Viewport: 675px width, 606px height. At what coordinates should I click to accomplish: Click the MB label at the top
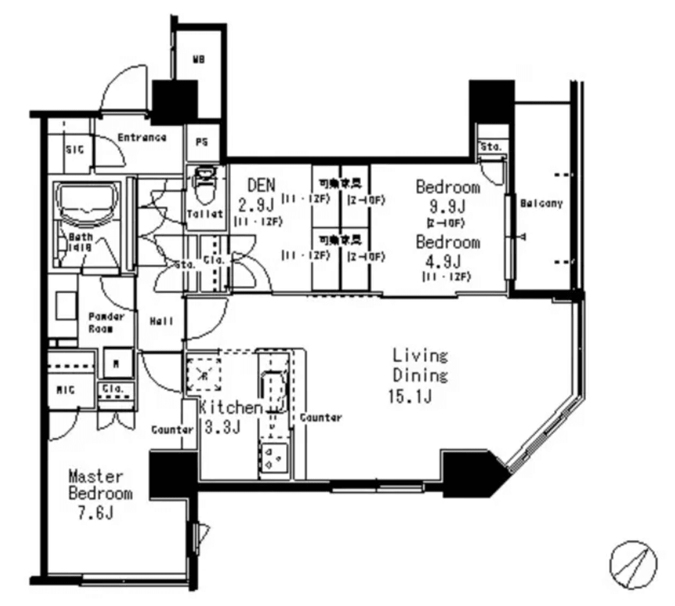[198, 60]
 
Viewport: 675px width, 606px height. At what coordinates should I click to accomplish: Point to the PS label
[202, 143]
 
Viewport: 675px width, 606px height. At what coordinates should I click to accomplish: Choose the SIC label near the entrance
[75, 150]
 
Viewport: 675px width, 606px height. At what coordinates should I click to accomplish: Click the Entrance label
[142, 138]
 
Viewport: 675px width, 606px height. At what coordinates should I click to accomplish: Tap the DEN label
[261, 185]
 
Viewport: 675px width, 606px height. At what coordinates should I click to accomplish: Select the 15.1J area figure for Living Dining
[410, 396]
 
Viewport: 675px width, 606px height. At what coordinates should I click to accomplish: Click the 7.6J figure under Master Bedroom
[95, 513]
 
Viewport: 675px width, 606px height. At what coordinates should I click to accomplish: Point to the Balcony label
[541, 203]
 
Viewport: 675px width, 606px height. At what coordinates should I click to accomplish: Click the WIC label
[66, 390]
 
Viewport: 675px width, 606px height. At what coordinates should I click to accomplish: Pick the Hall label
[161, 321]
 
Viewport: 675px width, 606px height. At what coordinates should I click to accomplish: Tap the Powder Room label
[106, 322]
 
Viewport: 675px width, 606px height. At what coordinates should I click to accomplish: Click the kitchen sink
[273, 390]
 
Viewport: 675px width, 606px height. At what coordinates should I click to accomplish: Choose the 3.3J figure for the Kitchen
[222, 427]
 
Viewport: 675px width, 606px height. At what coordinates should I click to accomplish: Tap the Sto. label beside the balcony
[491, 146]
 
